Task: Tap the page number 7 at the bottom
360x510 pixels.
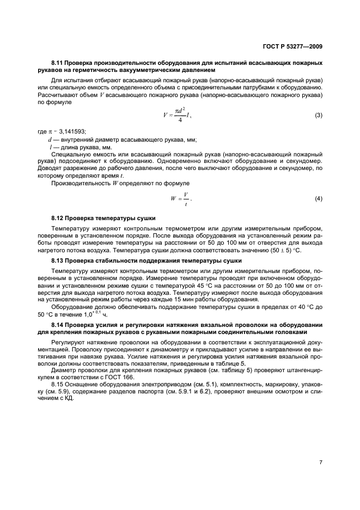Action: click(x=321, y=462)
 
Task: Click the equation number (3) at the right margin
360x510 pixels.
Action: click(x=319, y=116)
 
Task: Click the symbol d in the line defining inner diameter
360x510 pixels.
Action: click(x=50, y=139)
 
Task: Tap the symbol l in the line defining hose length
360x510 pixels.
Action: click(x=50, y=147)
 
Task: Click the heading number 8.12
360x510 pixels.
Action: click(x=58, y=218)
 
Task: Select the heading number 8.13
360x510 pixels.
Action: click(x=58, y=261)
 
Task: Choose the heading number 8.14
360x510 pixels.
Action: click(x=58, y=325)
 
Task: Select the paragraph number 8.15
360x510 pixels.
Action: click(x=57, y=384)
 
